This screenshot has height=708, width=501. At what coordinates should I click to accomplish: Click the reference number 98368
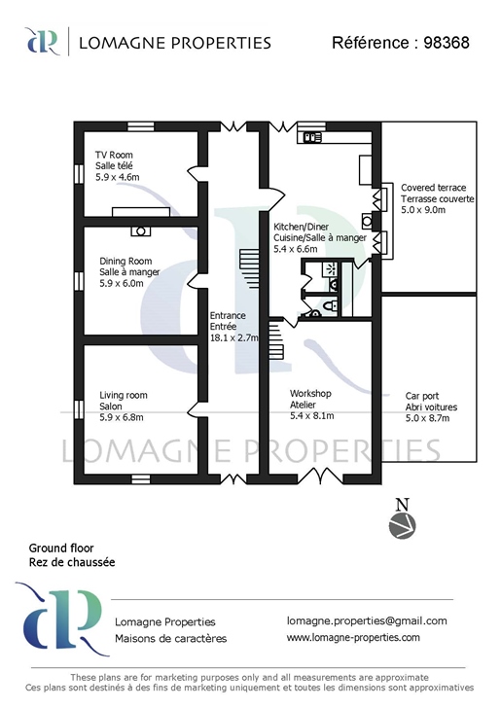click(447, 43)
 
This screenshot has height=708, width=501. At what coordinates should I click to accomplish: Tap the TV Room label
click(114, 155)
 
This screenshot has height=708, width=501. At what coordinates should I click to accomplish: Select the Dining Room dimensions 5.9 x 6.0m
click(122, 283)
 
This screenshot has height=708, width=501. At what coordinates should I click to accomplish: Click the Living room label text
click(124, 395)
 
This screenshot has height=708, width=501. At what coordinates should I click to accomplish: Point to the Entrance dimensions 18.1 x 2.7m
click(234, 337)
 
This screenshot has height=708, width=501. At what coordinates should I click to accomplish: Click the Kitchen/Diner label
click(301, 227)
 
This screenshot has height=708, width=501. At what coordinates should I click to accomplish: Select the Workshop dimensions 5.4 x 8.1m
click(311, 415)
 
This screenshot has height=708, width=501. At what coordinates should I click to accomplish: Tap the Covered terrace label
click(433, 188)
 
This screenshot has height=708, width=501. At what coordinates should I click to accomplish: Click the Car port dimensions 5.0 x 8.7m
click(427, 418)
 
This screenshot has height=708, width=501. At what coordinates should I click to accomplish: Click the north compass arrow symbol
click(402, 525)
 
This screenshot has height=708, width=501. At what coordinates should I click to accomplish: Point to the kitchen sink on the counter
click(311, 136)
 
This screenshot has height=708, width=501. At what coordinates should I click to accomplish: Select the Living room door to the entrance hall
click(196, 408)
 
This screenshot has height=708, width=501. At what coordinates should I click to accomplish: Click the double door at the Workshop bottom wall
click(321, 475)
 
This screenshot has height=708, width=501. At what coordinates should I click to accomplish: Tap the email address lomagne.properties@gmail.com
click(367, 620)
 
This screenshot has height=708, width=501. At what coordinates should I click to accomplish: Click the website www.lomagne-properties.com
click(353, 637)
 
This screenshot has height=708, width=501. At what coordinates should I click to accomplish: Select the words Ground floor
click(61, 549)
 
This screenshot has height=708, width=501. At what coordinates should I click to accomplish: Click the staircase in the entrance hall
click(250, 269)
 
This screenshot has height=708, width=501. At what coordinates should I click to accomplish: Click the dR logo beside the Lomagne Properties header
click(43, 41)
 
